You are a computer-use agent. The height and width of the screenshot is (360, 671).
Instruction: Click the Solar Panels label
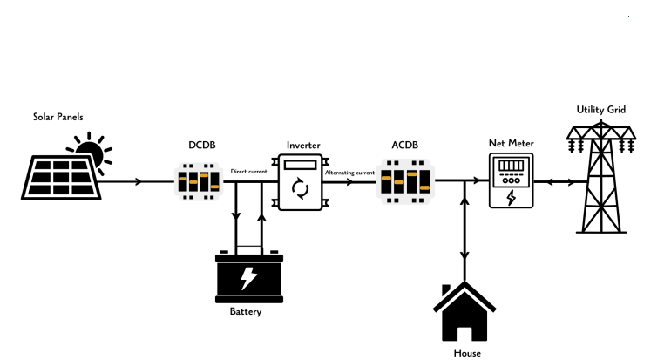click(x=58, y=117)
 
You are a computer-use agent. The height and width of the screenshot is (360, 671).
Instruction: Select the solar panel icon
click(x=61, y=178)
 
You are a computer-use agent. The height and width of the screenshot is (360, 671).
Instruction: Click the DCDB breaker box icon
click(x=199, y=181)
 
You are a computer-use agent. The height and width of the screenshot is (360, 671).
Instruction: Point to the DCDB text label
click(x=202, y=145)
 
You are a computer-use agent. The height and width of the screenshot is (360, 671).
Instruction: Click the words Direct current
click(x=248, y=171)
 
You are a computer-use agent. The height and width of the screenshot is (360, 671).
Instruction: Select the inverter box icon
click(x=301, y=182)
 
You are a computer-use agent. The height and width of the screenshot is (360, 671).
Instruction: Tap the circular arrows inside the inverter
click(x=300, y=188)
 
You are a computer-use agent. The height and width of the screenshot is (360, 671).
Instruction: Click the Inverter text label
click(x=303, y=145)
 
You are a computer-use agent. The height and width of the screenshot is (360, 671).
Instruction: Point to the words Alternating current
click(x=349, y=173)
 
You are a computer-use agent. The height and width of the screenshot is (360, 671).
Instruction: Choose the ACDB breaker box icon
click(x=406, y=181)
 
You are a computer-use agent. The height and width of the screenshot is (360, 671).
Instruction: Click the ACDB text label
click(x=405, y=145)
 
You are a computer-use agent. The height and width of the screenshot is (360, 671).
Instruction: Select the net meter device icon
click(x=512, y=180)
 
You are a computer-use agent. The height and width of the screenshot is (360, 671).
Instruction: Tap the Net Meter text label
click(x=512, y=143)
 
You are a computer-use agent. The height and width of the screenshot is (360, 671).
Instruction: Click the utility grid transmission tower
click(x=601, y=176)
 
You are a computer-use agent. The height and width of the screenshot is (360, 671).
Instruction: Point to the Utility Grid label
click(x=601, y=110)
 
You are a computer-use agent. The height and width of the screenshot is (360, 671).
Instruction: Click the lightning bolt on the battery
click(x=248, y=278)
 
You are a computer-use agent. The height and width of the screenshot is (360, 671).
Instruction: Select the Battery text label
click(x=246, y=311)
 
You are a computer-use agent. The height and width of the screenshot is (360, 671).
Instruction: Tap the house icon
click(x=464, y=311)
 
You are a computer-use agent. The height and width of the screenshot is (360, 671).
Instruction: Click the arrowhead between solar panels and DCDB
click(x=139, y=181)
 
